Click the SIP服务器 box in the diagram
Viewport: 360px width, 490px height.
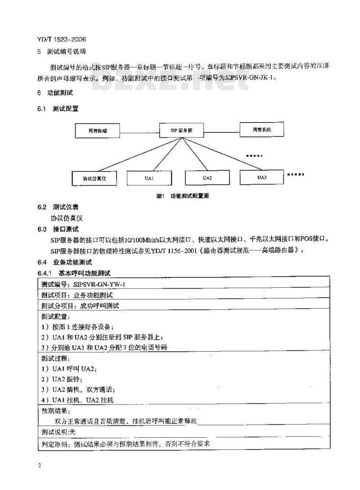coord(181,130)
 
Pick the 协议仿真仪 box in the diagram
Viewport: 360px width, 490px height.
coord(94,178)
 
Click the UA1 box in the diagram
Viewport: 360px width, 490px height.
coord(149,178)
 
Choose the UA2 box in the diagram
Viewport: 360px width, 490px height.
coord(207,178)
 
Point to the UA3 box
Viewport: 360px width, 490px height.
coord(262,177)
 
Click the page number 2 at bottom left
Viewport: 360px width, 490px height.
coord(40,465)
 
